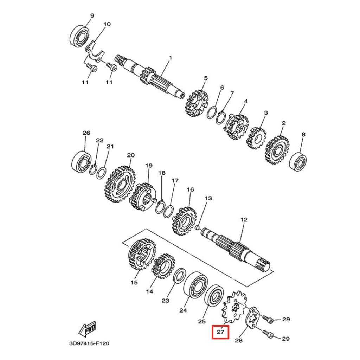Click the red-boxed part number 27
220,332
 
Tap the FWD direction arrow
87,329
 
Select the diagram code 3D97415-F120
89,343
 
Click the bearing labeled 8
298,161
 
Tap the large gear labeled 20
121,184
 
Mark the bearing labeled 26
81,161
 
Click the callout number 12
244,219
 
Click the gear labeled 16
184,221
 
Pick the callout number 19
149,165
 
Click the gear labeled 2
277,150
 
